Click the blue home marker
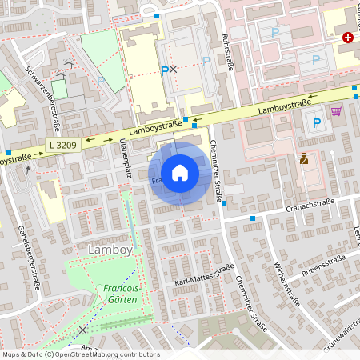[180, 173]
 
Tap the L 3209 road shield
[61, 145]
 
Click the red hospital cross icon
[348, 38]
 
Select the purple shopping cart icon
[336, 111]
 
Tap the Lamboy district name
[105, 250]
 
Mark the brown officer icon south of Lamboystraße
[304, 158]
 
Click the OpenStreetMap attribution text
[80, 354]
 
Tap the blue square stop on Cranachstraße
[253, 218]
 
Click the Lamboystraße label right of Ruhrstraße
[285, 103]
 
